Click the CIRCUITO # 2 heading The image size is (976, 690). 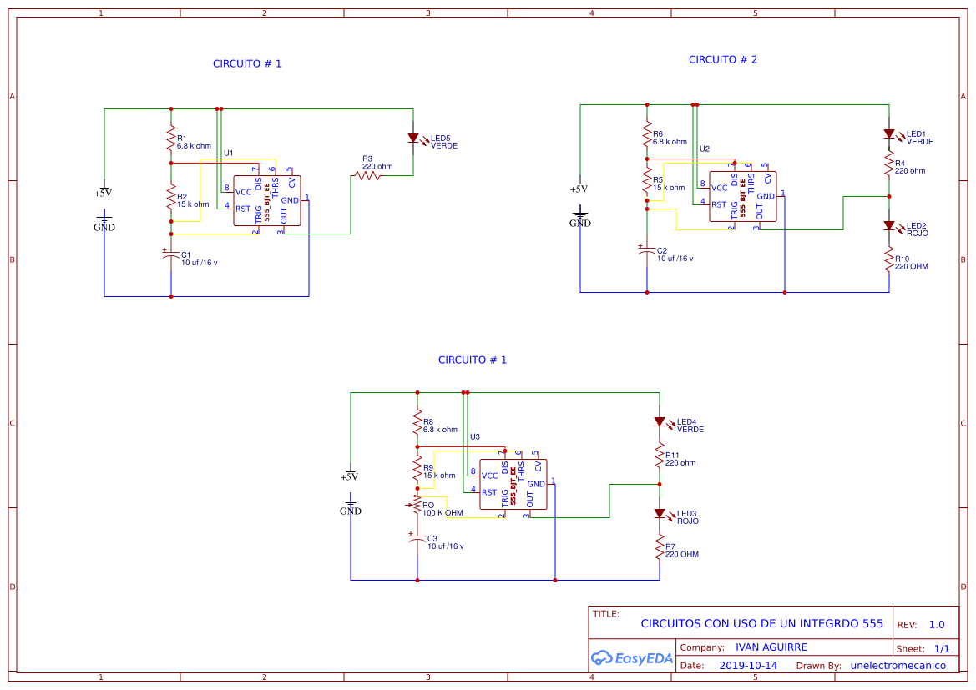point(722,60)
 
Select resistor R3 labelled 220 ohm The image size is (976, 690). point(367,175)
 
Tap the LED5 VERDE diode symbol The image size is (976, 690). point(412,139)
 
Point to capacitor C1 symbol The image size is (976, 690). point(171,254)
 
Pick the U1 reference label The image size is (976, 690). point(228,153)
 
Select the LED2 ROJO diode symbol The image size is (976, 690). point(889,226)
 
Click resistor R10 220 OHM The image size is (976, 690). point(889,262)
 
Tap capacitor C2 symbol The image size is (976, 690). point(647,250)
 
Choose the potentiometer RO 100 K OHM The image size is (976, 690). point(417,504)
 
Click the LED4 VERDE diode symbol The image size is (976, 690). point(660,422)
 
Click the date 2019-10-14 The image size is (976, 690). point(748,666)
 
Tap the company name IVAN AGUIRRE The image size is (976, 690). point(771,647)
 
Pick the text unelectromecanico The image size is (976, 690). point(898,666)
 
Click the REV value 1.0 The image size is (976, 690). point(936,625)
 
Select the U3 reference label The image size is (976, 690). point(475,436)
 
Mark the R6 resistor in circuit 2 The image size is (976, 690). point(647,136)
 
